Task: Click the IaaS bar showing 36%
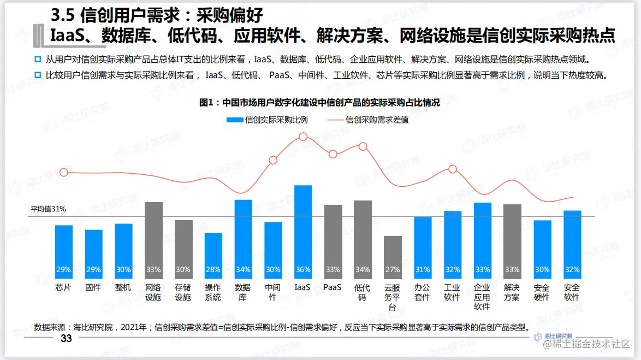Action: click(x=303, y=229)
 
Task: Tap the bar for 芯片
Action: click(x=64, y=246)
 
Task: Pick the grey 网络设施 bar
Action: click(x=153, y=235)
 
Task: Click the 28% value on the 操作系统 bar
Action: click(x=213, y=270)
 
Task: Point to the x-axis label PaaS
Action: click(x=333, y=287)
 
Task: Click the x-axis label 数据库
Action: click(x=243, y=292)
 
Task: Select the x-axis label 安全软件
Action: click(x=572, y=292)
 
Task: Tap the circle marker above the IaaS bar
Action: click(x=303, y=137)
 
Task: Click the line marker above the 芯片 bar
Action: click(x=64, y=173)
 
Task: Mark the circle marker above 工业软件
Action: click(x=452, y=169)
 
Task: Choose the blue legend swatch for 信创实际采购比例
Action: click(x=234, y=120)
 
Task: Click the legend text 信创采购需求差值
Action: click(x=377, y=120)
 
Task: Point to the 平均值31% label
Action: click(x=48, y=209)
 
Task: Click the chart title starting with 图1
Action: click(x=319, y=102)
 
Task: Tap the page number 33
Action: click(x=66, y=339)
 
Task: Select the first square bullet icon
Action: click(x=38, y=59)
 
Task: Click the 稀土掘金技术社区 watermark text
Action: click(x=589, y=344)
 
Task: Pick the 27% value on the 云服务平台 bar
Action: click(x=393, y=270)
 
